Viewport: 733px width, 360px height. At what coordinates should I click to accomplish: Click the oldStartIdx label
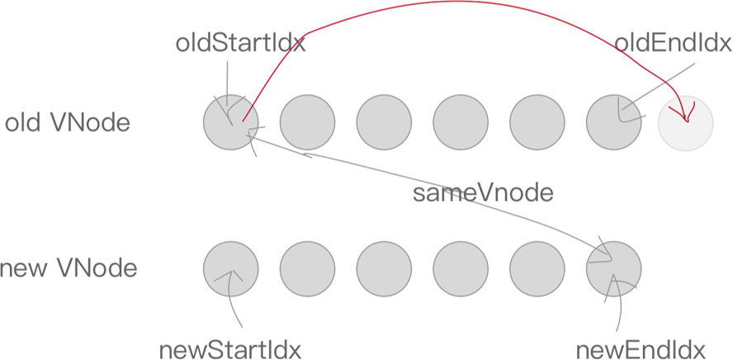click(x=240, y=43)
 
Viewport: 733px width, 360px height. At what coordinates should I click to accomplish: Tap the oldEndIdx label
click(x=673, y=43)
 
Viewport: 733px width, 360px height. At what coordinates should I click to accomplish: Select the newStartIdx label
click(x=229, y=348)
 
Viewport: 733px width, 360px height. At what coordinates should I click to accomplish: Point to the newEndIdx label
click(x=641, y=348)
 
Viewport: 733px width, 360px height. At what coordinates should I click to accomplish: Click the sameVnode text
click(x=483, y=194)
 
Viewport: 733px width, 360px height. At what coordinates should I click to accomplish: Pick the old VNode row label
click(x=68, y=123)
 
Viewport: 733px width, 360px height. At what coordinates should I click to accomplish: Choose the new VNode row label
click(x=68, y=268)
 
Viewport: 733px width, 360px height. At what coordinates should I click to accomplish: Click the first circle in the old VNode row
click(x=231, y=123)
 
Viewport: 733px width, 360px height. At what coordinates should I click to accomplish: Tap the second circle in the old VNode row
click(x=307, y=123)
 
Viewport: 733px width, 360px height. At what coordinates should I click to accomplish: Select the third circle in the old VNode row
click(x=384, y=123)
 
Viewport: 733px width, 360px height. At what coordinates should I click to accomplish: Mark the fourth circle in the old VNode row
click(x=461, y=123)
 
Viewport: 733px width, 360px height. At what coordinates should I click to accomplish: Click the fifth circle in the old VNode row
click(x=537, y=123)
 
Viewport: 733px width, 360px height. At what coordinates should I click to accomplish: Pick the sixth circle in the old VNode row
click(x=614, y=123)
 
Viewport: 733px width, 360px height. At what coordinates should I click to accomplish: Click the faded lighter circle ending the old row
click(x=685, y=124)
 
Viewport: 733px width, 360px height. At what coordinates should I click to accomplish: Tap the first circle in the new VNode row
click(x=231, y=269)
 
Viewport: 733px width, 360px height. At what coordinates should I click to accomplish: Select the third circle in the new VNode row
click(x=384, y=269)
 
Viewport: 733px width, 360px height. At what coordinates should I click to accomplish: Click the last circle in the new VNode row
click(x=614, y=269)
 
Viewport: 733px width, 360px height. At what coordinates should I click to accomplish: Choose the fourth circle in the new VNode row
click(x=461, y=269)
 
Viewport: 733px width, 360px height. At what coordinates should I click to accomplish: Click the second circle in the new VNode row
click(x=307, y=269)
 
